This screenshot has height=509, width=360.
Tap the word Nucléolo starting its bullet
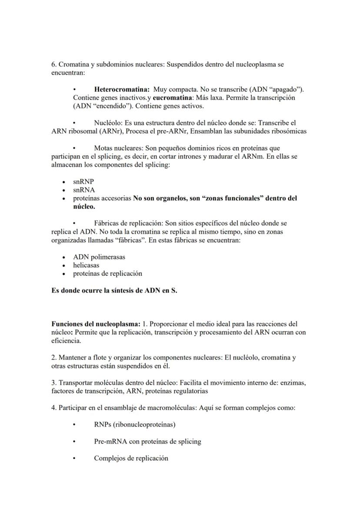tap(107, 123)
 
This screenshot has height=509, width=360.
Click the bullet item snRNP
tap(83, 182)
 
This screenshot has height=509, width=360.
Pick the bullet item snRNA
tap(84, 190)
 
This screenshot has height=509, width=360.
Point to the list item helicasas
tap(86, 265)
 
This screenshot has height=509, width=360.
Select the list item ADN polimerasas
tap(99, 257)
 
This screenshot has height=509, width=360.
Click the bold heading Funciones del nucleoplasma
tap(96, 324)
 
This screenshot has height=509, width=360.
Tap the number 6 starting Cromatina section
tap(53, 64)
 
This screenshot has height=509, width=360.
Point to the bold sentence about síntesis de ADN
tap(114, 291)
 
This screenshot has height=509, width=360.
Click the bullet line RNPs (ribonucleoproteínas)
tap(135, 424)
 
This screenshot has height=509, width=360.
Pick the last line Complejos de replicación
tap(131, 458)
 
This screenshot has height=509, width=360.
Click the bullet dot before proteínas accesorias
tap(64, 199)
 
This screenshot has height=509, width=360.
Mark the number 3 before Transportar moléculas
tap(53, 383)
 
